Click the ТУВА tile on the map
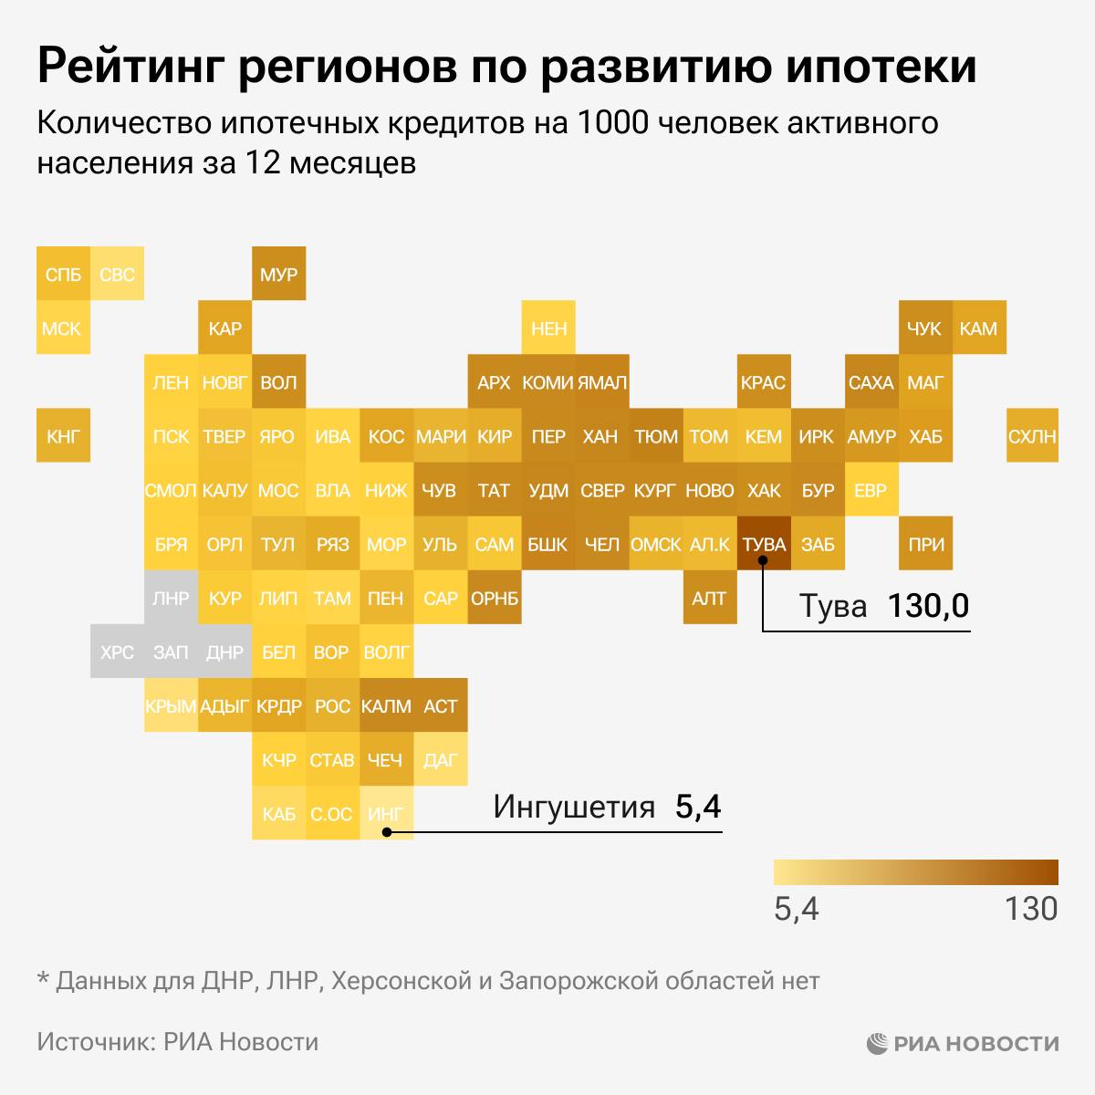tap(764, 544)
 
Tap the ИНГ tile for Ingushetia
tap(386, 813)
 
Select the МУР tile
tap(278, 274)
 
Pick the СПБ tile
tap(63, 274)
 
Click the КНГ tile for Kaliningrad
tap(63, 436)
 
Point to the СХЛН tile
tap(1032, 436)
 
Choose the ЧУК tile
tap(924, 328)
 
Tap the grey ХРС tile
tap(117, 652)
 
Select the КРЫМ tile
tap(171, 705)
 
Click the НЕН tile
tap(548, 328)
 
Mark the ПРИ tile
tap(924, 544)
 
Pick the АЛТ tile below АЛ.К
tap(709, 598)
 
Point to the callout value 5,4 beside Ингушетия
tap(698, 807)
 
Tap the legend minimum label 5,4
tap(797, 909)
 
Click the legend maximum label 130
tap(1031, 909)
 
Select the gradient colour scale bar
tap(915, 872)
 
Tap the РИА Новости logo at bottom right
tap(962, 1043)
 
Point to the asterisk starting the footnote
tap(42, 978)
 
